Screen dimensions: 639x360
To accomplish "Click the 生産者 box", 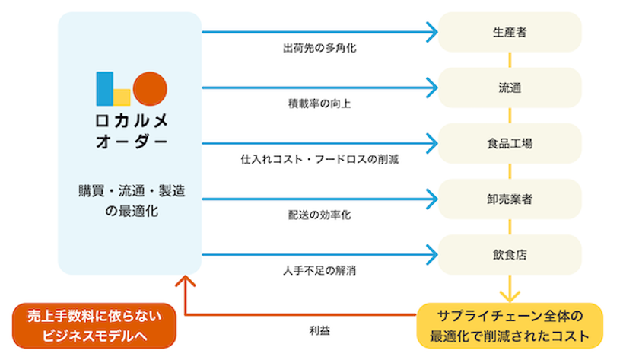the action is (x=510, y=32).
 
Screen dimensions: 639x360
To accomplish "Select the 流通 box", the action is (x=510, y=88).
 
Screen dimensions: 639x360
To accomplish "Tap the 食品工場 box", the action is (x=510, y=144).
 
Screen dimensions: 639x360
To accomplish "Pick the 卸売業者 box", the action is (x=510, y=199).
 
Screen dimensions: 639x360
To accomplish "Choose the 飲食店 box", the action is (x=510, y=255).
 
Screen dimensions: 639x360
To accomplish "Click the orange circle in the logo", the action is (x=150, y=89).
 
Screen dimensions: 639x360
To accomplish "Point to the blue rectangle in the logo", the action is (x=105, y=89).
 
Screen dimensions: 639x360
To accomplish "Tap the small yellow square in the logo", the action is (x=122, y=97).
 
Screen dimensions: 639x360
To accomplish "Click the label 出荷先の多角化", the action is (x=319, y=48).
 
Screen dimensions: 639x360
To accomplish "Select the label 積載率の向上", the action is (x=319, y=104).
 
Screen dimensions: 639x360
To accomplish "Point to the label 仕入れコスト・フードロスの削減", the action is (x=319, y=159).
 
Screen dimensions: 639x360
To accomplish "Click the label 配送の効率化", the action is (x=319, y=215).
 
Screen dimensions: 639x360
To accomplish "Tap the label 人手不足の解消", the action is (x=319, y=270).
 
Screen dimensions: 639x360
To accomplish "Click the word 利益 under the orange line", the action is (x=319, y=330).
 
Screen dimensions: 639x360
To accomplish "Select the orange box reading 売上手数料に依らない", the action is (x=94, y=326).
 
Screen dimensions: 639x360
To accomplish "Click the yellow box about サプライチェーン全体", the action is (x=510, y=326).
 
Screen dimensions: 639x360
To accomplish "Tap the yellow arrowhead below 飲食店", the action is (x=510, y=296).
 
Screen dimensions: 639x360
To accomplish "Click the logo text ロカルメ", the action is (x=132, y=121).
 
